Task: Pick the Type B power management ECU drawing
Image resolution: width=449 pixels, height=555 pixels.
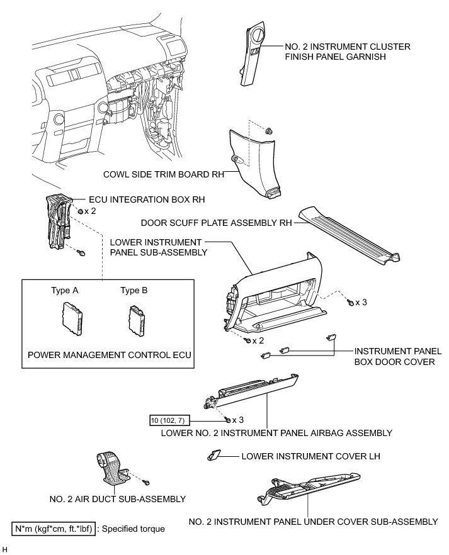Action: click(x=137, y=317)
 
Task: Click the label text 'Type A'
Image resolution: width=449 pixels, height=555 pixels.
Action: click(x=65, y=291)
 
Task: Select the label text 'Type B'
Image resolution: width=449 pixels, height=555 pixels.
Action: click(x=134, y=291)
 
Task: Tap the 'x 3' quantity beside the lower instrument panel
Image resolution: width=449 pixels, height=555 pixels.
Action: click(x=361, y=303)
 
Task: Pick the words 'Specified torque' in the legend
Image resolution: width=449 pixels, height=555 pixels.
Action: click(x=134, y=529)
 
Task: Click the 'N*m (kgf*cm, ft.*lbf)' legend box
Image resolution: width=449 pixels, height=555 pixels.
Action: click(x=55, y=529)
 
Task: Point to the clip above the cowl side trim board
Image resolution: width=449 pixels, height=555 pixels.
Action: click(x=269, y=131)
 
